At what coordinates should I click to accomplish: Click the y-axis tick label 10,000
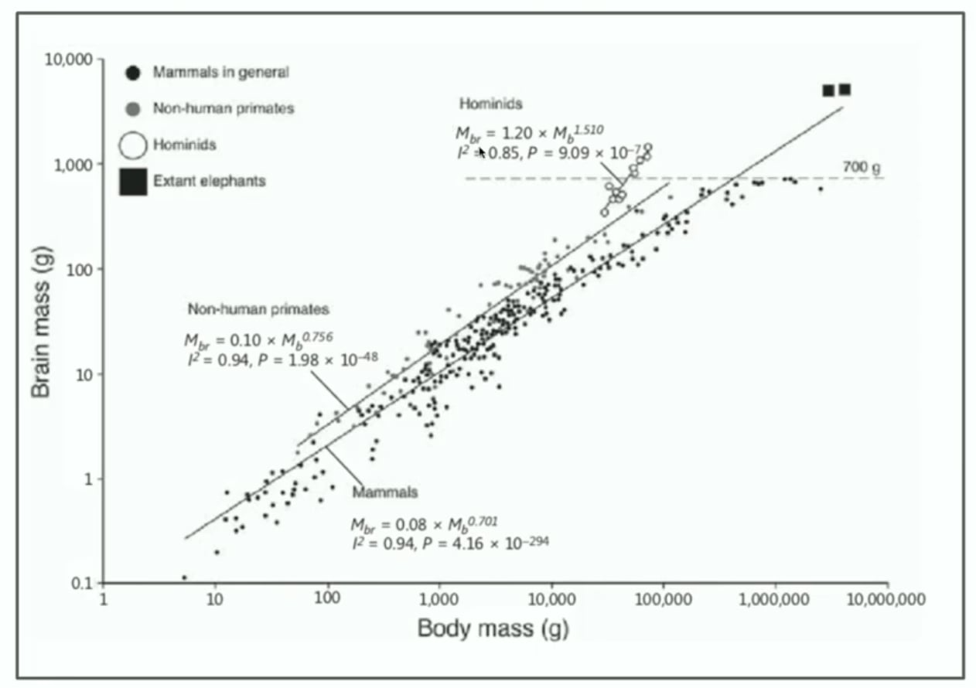pos(69,60)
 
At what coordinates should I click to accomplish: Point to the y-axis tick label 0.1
pos(82,584)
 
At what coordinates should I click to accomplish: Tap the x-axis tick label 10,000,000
pos(886,600)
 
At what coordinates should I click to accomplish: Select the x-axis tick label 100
pos(327,598)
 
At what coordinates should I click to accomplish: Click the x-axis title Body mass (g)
pos(493,628)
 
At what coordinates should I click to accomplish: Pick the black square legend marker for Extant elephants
pos(133,182)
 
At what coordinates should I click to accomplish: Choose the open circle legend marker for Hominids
pos(133,145)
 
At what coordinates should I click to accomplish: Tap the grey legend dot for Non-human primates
pos(133,109)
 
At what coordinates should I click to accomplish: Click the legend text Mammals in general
pos(221,73)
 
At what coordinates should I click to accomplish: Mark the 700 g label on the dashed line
pos(862,167)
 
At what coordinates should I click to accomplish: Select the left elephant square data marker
pos(828,90)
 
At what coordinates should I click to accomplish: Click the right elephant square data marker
pos(845,90)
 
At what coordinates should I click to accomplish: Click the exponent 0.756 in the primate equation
pos(317,336)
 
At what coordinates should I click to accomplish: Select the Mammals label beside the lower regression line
pos(385,492)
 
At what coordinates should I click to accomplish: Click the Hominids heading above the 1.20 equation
pos(491,104)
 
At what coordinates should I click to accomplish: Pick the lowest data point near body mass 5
pos(184,577)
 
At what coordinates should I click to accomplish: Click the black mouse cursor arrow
pos(482,153)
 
